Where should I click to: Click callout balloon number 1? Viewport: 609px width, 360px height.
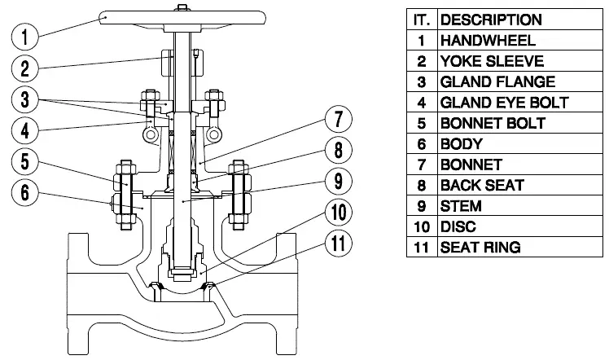(x=25, y=35)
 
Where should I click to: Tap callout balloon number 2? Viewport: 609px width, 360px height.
(x=25, y=68)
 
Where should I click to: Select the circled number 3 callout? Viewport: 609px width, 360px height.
(x=25, y=99)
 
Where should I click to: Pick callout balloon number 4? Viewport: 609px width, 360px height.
(x=25, y=130)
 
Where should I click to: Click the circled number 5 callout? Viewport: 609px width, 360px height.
(x=25, y=161)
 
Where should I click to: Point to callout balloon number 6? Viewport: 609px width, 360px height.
(x=25, y=192)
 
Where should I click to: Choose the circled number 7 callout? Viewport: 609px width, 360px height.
(x=338, y=120)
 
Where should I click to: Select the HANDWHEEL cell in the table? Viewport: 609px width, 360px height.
(x=488, y=40)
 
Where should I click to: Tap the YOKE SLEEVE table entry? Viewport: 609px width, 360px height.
(x=492, y=61)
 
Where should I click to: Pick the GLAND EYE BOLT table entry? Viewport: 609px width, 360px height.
(x=504, y=103)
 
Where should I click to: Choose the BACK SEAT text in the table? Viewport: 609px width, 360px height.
(x=482, y=186)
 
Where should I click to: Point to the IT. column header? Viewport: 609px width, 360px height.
(x=421, y=20)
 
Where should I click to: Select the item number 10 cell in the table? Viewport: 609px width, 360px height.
(x=421, y=226)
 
